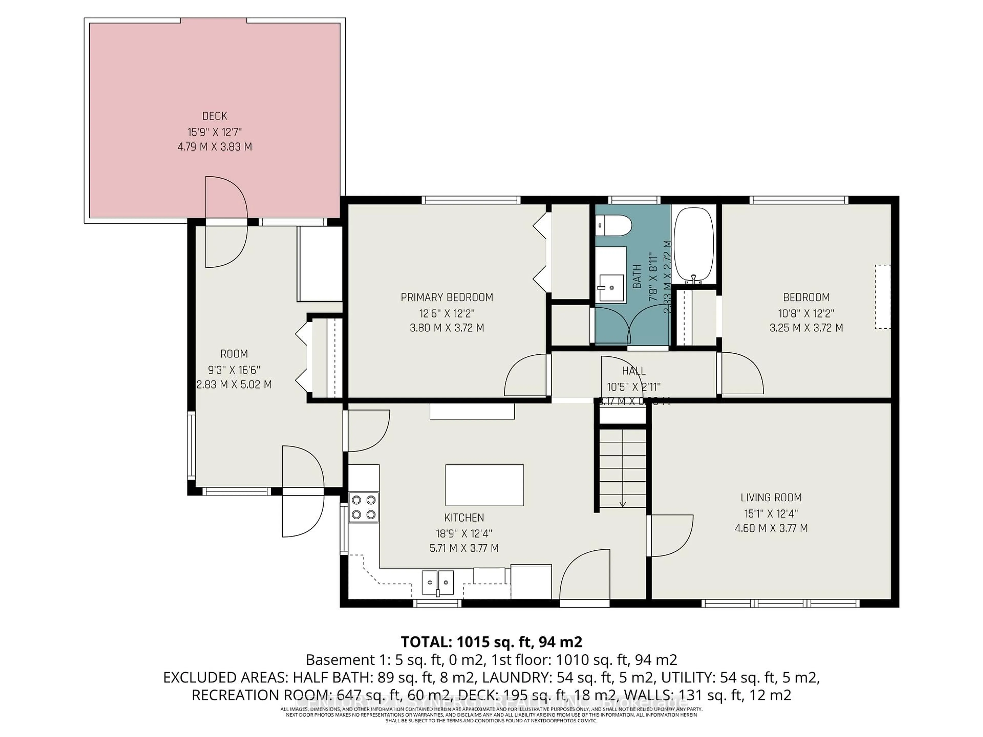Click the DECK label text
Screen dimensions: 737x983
tap(215, 116)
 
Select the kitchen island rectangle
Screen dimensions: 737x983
tap(484, 485)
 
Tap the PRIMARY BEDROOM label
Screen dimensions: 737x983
tap(447, 297)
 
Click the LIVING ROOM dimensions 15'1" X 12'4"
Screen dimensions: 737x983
tap(771, 514)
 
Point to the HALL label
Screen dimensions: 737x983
tap(634, 371)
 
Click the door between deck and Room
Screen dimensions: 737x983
tap(226, 222)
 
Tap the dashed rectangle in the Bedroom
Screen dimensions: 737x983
tap(883, 297)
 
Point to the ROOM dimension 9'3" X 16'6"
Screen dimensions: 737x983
tap(234, 370)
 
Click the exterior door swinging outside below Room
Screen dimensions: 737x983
tap(302, 515)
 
